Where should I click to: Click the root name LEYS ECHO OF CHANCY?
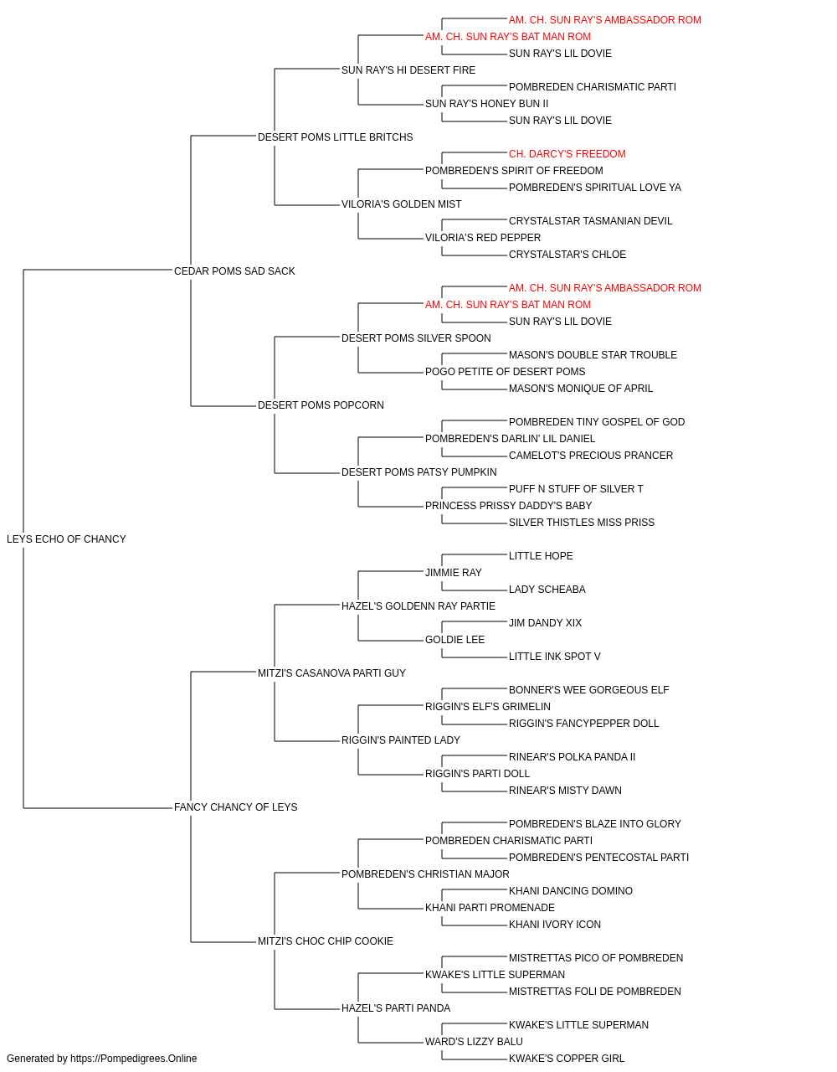click(x=66, y=539)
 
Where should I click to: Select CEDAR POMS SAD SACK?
click(x=234, y=271)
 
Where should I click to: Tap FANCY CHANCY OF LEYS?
click(x=236, y=807)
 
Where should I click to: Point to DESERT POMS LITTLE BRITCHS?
click(x=335, y=137)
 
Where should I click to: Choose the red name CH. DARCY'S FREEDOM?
click(x=567, y=153)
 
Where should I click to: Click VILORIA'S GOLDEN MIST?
click(x=401, y=204)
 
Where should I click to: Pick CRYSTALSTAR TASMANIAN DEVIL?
click(x=590, y=220)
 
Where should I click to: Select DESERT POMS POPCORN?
click(x=321, y=405)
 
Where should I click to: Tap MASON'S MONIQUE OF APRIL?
click(x=581, y=388)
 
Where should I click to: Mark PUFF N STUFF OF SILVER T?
click(x=576, y=488)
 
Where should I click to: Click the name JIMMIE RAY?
click(x=453, y=572)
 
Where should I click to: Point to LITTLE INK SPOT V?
click(x=555, y=656)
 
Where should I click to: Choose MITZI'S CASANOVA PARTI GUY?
click(x=331, y=673)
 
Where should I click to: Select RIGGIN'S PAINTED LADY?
click(x=400, y=740)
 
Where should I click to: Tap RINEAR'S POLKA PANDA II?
click(x=572, y=756)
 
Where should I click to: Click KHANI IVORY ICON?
click(x=555, y=924)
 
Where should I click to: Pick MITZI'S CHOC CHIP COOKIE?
click(x=326, y=941)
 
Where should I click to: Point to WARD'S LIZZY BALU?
click(x=474, y=1041)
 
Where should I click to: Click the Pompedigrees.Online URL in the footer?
click(x=133, y=1059)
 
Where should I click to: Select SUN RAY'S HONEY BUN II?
click(x=486, y=103)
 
